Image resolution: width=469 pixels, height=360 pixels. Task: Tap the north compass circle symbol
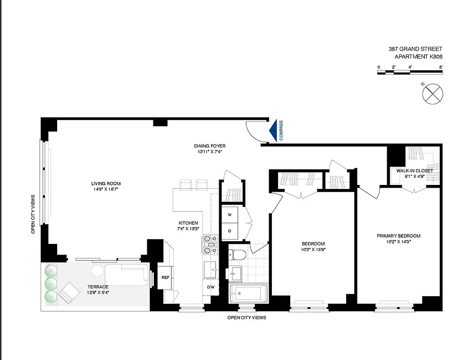pos(433,94)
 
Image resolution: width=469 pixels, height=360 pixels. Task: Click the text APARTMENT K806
pos(418,56)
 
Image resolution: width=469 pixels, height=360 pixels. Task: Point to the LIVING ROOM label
pos(106,184)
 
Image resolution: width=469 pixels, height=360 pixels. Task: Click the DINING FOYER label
pos(210,146)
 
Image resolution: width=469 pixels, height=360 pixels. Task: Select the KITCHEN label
pos(188,223)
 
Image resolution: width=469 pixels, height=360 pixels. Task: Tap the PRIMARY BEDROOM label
pos(398,236)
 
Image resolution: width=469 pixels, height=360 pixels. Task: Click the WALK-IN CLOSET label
pos(415,171)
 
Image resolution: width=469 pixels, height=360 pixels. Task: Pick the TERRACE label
pos(98,287)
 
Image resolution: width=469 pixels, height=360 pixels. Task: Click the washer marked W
pos(230,215)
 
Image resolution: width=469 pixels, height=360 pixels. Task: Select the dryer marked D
pos(230,230)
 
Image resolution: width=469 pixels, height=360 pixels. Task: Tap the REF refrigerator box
pos(165,277)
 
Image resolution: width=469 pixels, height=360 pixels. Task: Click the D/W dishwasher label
pos(211,287)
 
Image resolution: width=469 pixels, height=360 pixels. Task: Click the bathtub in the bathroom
pos(248,294)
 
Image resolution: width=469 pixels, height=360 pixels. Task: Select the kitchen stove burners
pos(210,244)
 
